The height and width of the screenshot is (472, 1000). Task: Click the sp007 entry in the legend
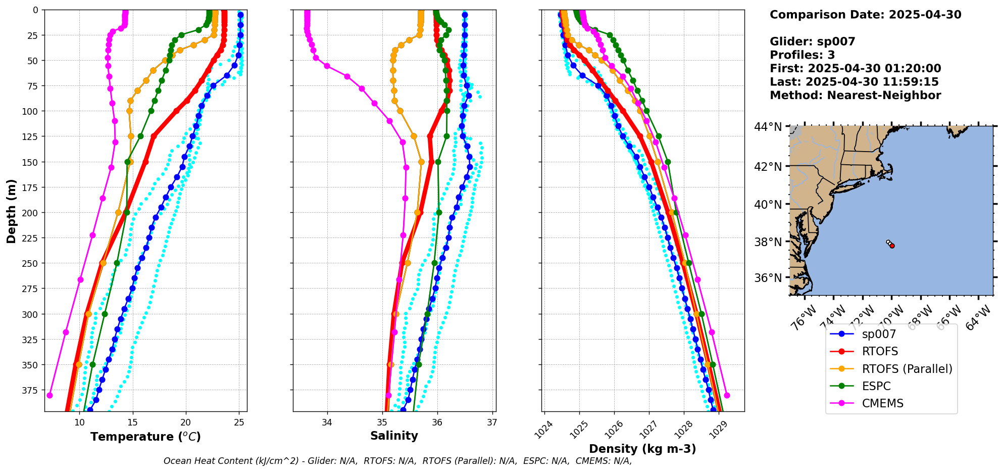(878, 334)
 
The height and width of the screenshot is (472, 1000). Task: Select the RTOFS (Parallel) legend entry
(907, 369)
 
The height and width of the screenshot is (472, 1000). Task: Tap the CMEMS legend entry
(882, 403)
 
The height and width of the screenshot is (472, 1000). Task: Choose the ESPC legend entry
(876, 386)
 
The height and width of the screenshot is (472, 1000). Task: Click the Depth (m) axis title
(11, 211)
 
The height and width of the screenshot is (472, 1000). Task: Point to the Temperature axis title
(145, 437)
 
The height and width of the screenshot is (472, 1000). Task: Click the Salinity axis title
(394, 436)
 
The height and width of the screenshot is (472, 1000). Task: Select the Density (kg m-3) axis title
(642, 449)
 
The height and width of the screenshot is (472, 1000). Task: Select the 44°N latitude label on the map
(768, 127)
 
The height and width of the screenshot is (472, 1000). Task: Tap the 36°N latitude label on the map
(768, 278)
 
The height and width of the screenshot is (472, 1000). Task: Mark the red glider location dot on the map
(892, 246)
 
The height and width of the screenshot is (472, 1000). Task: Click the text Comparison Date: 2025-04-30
(865, 15)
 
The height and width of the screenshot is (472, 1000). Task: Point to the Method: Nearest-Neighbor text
(855, 96)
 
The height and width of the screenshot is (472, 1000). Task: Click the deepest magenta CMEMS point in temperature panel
(49, 395)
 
